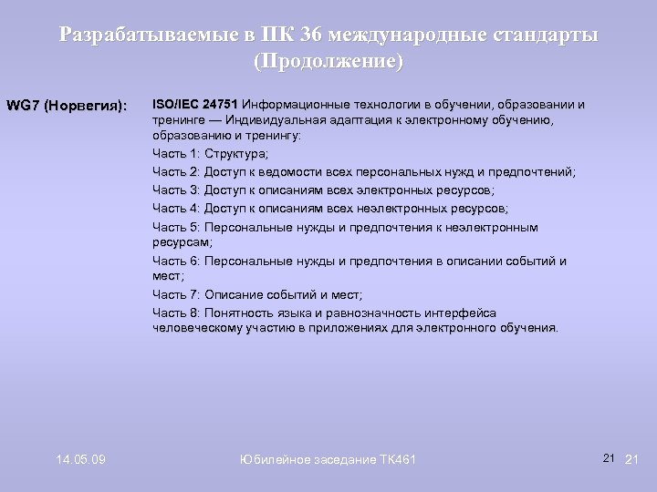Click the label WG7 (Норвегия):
(66, 105)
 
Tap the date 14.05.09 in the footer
(79, 459)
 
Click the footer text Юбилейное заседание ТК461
(328, 459)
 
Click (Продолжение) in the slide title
(328, 63)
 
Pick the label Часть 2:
(177, 171)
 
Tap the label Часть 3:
(177, 190)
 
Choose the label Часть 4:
(177, 208)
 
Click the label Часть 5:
(177, 227)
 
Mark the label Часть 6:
(177, 261)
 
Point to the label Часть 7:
(177, 294)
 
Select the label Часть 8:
(177, 313)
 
